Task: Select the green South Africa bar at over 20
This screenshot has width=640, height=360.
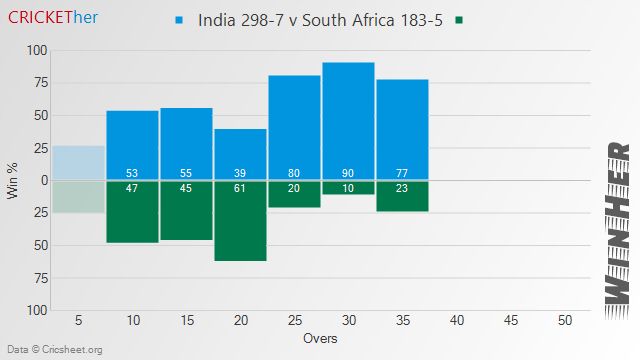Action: pyautogui.click(x=240, y=225)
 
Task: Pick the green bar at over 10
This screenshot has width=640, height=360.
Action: pyautogui.click(x=132, y=216)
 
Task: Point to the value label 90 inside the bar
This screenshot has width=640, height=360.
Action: pyautogui.click(x=348, y=173)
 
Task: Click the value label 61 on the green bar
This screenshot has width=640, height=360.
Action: pyautogui.click(x=240, y=188)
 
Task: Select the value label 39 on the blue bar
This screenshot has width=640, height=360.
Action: pyautogui.click(x=240, y=173)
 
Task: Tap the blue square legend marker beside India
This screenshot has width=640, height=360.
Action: pyautogui.click(x=180, y=20)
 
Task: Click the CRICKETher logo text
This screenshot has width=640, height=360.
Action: pyautogui.click(x=52, y=18)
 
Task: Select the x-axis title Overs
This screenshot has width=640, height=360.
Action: pyautogui.click(x=321, y=339)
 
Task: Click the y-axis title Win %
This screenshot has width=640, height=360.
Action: pyautogui.click(x=13, y=180)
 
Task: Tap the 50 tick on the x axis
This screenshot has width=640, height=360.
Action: pyautogui.click(x=564, y=321)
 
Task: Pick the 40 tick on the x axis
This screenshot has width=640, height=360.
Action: pyautogui.click(x=456, y=321)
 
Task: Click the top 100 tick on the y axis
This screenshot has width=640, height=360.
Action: pyautogui.click(x=36, y=50)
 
